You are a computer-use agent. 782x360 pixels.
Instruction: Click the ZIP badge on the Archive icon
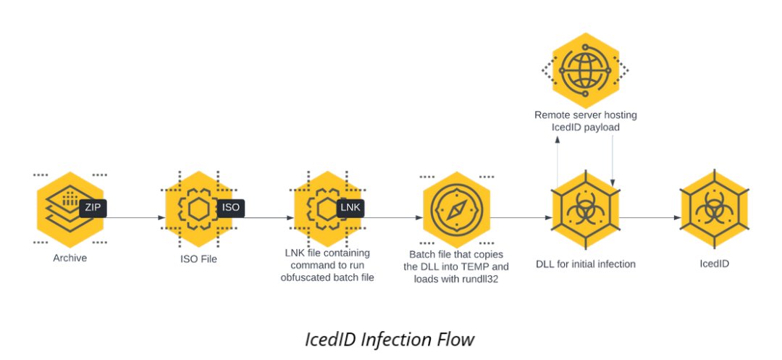click(93, 208)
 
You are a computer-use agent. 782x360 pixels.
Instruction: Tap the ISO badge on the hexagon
click(231, 208)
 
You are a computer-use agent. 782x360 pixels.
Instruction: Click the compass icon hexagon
click(456, 210)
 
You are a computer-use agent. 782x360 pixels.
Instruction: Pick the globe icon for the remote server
click(586, 70)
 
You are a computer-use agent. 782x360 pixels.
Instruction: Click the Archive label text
click(70, 258)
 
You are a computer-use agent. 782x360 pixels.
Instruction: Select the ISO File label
click(198, 259)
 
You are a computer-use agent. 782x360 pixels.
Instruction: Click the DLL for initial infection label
click(585, 264)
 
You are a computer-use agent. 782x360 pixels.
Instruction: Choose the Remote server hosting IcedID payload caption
click(585, 121)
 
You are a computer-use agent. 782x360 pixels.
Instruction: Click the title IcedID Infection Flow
click(390, 339)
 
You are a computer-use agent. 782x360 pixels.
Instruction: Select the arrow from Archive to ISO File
click(135, 217)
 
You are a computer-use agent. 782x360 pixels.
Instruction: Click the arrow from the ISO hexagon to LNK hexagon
click(264, 217)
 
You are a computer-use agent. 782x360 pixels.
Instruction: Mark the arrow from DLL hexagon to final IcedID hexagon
click(649, 217)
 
